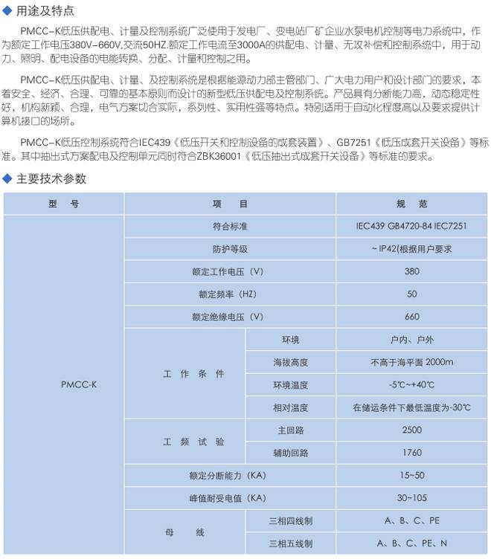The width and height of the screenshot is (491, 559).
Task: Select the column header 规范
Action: (x=411, y=203)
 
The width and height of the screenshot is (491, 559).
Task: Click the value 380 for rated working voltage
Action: (x=411, y=271)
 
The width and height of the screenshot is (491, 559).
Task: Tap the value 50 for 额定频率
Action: (x=411, y=294)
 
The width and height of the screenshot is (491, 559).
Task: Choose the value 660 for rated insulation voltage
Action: (x=411, y=317)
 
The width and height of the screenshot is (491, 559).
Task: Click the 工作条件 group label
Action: (x=193, y=374)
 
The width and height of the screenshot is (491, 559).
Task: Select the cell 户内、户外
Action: (x=411, y=340)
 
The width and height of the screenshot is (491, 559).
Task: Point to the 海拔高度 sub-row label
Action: (x=290, y=362)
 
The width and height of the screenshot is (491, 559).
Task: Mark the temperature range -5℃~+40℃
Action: (x=411, y=385)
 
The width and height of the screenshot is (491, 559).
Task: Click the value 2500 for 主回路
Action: (x=411, y=430)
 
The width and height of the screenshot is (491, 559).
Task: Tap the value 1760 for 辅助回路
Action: (x=411, y=452)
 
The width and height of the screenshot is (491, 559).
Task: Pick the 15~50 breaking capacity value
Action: (x=411, y=474)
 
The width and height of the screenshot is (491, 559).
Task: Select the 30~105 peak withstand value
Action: (x=411, y=497)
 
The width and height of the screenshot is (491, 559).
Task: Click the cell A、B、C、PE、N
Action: (x=411, y=543)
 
